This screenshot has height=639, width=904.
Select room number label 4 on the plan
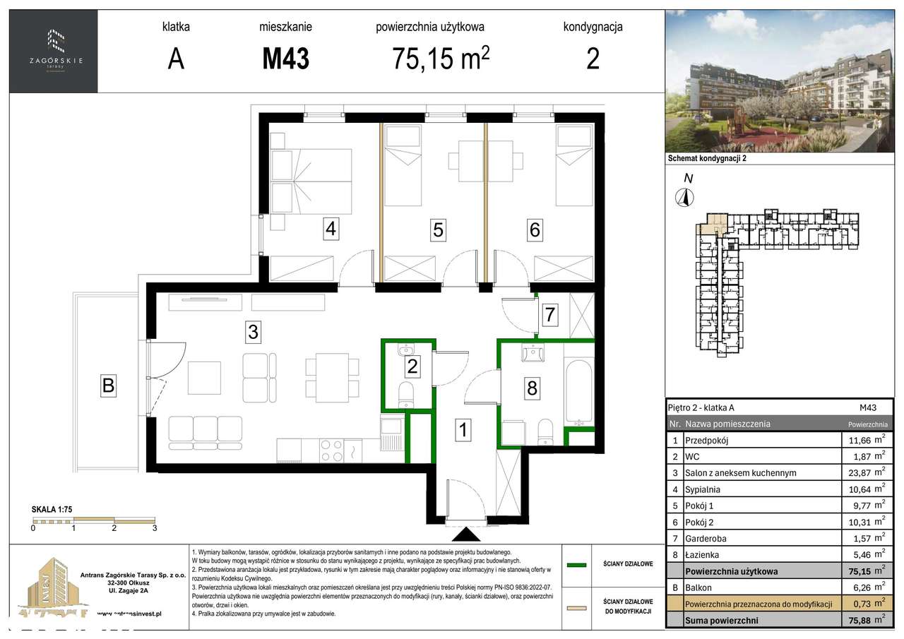click(x=331, y=229)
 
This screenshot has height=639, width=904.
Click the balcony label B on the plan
click(x=108, y=386)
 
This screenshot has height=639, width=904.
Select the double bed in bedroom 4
click(x=311, y=180)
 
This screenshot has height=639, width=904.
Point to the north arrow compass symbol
click(x=683, y=198)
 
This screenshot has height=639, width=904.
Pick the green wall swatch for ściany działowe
click(x=577, y=564)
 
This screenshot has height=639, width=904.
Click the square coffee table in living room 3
click(x=205, y=378)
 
